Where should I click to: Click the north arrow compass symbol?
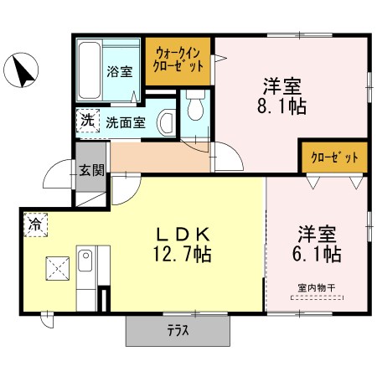tap(21, 70)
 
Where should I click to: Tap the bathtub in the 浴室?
tap(90, 70)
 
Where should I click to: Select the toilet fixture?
tap(195, 105)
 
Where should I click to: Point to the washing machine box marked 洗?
tap(88, 121)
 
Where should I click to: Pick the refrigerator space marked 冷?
tap(36, 225)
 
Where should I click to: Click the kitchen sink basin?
tap(85, 261)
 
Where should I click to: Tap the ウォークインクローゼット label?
tap(178, 59)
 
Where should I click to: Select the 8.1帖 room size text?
tap(281, 106)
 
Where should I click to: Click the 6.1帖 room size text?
tap(317, 254)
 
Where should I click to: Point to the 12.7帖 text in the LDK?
tap(182, 254)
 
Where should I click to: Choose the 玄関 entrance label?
tap(91, 170)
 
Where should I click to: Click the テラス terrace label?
tap(178, 331)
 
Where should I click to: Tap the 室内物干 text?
tap(317, 288)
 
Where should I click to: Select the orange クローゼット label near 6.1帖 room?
tap(334, 158)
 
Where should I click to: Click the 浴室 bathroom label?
tap(120, 72)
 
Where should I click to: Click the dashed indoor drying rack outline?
tap(317, 297)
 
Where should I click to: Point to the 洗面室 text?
tap(126, 122)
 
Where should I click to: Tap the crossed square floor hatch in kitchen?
tap(58, 268)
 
